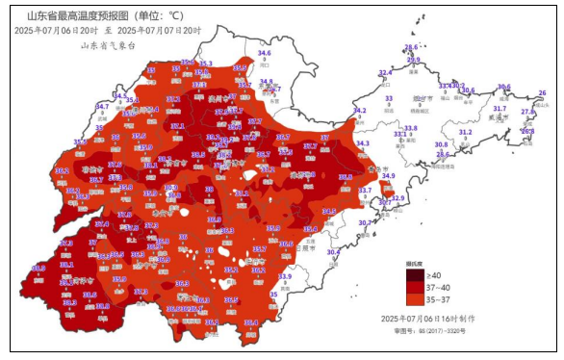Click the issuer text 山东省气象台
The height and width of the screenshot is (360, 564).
tap(107, 44)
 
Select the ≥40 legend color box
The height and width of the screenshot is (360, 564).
tap(412, 274)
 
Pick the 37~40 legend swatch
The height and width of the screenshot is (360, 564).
tap(412, 287)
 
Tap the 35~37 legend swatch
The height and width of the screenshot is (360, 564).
tap(412, 299)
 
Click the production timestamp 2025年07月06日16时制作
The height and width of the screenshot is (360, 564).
tap(426, 318)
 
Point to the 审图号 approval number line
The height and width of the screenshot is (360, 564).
tap(428, 330)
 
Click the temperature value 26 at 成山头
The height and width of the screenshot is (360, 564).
tap(542, 93)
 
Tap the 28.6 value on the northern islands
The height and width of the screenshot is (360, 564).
tap(411, 47)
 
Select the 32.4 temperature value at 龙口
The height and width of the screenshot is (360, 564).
tap(385, 73)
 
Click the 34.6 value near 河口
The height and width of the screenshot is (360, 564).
tap(264, 53)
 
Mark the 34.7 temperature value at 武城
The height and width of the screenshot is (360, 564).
tap(102, 106)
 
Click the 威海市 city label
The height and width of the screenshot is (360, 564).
tap(499, 118)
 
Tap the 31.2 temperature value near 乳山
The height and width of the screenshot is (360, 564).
tap(465, 133)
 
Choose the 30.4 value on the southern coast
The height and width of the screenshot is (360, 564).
tap(333, 252)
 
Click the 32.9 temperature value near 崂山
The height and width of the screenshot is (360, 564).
tap(397, 198)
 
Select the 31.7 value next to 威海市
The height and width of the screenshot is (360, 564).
tap(499, 109)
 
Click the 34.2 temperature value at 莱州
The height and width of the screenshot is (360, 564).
tap(359, 111)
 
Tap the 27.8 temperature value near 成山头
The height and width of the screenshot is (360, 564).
tap(526, 112)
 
